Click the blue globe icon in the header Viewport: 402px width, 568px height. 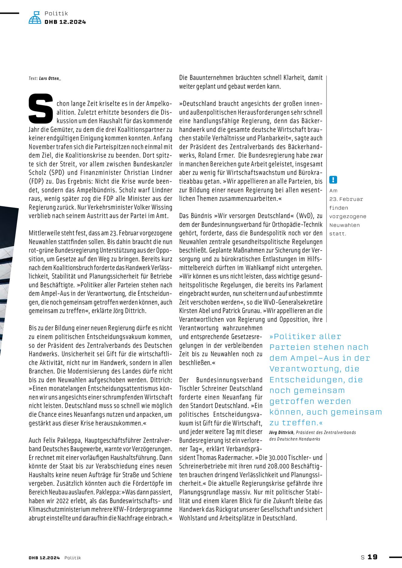click(35, 18)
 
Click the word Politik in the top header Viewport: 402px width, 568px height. click(56, 13)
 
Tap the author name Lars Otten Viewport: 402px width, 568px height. click(50, 78)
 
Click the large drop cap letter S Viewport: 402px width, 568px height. click(41, 108)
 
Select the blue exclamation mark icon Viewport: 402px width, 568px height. click(333, 180)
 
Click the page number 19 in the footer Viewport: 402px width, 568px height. click(373, 557)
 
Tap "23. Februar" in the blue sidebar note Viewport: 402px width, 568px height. click(346, 199)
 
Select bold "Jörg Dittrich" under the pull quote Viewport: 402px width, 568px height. click(281, 433)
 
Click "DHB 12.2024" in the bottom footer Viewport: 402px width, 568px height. click(44, 558)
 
